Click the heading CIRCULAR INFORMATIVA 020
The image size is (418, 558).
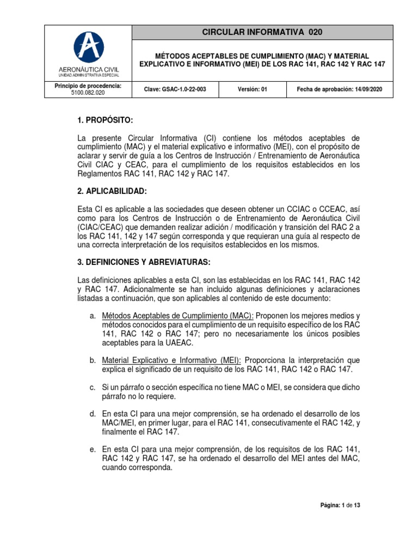pos(262,32)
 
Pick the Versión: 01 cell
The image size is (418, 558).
pos(253,89)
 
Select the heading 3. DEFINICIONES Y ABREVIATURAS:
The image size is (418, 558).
pos(144,262)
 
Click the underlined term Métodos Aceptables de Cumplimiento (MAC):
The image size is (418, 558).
pos(177,316)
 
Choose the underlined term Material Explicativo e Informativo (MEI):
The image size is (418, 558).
pos(172,361)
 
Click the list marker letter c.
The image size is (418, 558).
pos(93,387)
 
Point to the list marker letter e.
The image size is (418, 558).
pos(93,449)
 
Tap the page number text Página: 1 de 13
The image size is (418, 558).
pos(340,505)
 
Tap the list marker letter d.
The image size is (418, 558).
pos(93,414)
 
